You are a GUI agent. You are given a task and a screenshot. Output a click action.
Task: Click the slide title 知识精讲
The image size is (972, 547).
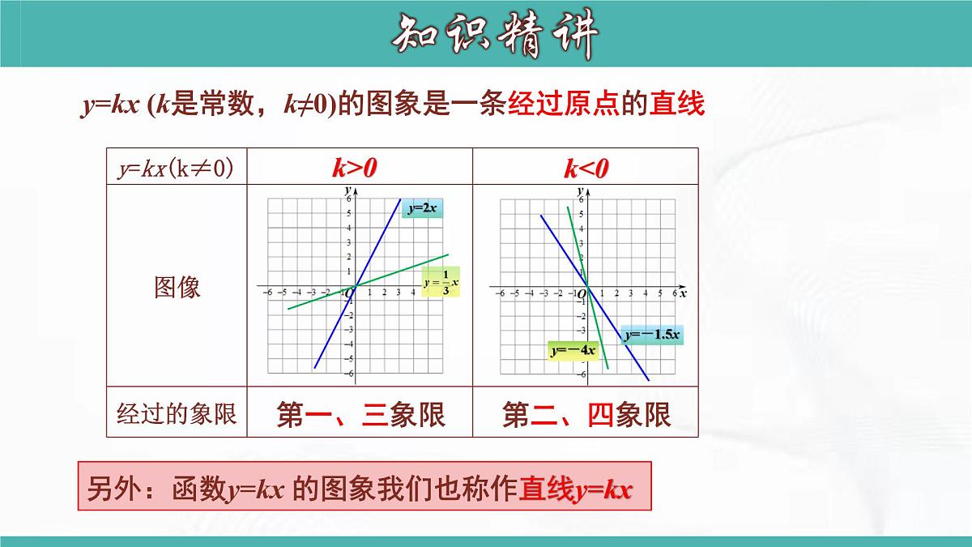point(495,35)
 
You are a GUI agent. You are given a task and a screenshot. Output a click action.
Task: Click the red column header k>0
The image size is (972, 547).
point(355,168)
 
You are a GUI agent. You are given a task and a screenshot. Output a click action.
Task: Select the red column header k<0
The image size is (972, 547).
point(586,168)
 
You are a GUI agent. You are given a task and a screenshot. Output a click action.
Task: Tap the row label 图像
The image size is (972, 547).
point(177,287)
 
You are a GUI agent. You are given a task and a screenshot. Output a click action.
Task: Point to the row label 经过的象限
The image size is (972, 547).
point(177,414)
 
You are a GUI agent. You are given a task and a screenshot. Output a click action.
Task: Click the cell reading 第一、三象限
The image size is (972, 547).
point(360,415)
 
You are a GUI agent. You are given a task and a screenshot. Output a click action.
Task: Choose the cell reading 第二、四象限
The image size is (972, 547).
point(586,415)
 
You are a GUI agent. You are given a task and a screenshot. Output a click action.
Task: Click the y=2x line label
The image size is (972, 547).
point(422,208)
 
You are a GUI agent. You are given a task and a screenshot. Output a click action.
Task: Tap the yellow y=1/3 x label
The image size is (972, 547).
point(441,281)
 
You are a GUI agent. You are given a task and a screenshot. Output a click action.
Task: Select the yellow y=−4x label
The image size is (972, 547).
point(573,351)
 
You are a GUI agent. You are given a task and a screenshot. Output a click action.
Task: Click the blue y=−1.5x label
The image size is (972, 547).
point(652,333)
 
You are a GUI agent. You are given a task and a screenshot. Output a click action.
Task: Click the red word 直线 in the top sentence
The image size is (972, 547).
point(677,105)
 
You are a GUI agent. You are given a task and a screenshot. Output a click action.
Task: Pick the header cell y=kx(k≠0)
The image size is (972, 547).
point(176,168)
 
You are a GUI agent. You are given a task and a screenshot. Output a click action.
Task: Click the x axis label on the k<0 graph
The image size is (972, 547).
point(683,293)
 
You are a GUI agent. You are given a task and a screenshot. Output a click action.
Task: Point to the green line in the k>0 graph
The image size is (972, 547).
point(405,270)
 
